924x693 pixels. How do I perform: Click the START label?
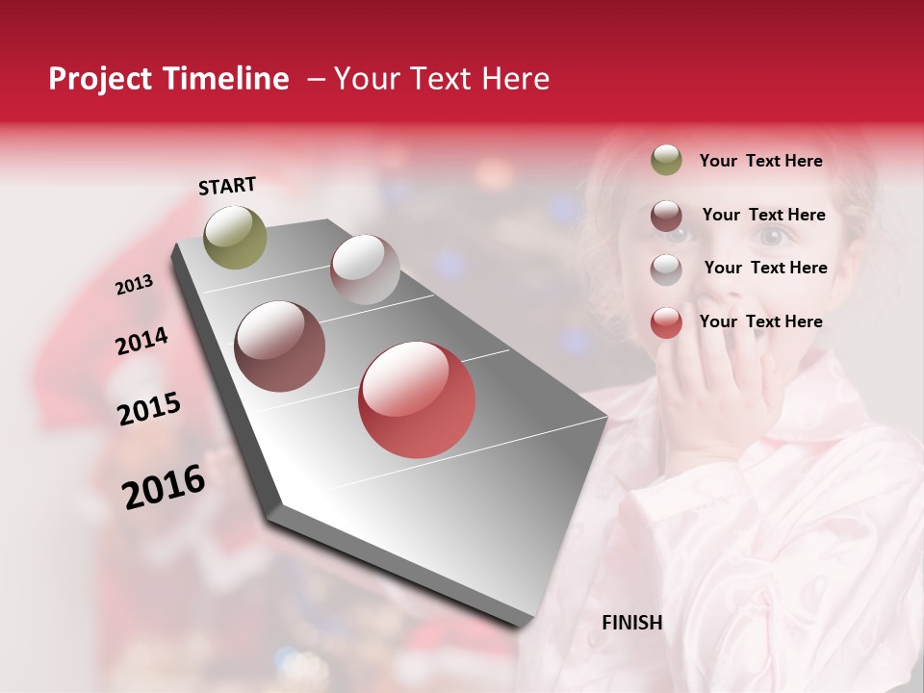tap(227, 186)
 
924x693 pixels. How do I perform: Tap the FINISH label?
tap(632, 623)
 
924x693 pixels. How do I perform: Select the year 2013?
tap(134, 285)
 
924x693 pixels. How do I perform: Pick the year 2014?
tap(141, 342)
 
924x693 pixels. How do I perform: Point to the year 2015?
tap(149, 409)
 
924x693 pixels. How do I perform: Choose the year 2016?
tap(164, 486)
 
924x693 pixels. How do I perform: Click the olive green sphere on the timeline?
tap(236, 237)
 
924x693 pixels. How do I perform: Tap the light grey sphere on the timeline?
tap(365, 269)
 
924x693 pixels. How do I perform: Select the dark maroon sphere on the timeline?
tap(280, 346)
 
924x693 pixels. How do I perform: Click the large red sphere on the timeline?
tap(417, 400)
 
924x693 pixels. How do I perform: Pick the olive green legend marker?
tap(666, 160)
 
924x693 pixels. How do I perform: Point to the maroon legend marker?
tap(666, 216)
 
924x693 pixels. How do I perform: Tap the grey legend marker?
tap(666, 269)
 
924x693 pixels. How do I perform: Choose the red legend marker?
tap(666, 322)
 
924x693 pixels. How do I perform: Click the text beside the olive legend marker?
tap(760, 161)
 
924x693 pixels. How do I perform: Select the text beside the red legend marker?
tap(760, 321)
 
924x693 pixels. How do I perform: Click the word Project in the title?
tap(101, 79)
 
